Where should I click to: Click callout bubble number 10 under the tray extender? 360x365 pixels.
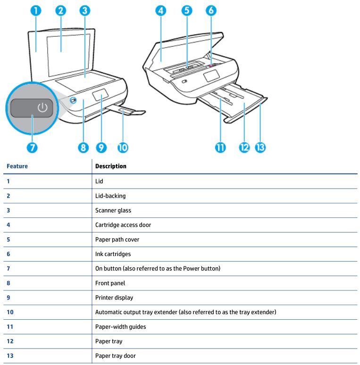click(123, 147)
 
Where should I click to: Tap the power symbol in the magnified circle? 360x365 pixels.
click(42, 108)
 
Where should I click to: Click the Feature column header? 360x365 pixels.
click(14, 166)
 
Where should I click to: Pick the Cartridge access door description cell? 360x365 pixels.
click(123, 225)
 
